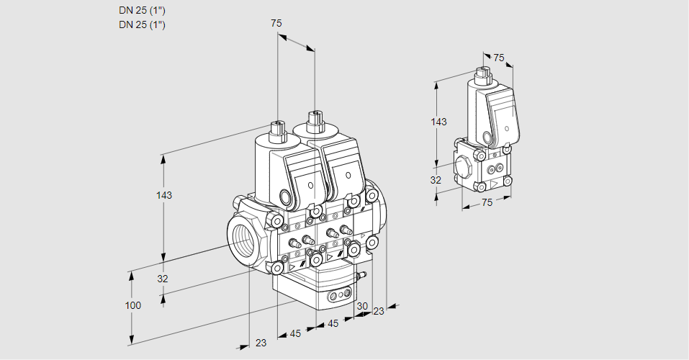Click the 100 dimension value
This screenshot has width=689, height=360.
(x=132, y=305)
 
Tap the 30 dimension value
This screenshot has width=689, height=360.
(x=361, y=305)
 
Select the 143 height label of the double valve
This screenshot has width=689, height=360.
(x=165, y=195)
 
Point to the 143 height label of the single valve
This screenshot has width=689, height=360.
(x=438, y=122)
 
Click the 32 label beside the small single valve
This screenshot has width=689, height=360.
(x=436, y=180)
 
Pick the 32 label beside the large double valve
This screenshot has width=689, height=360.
(x=162, y=279)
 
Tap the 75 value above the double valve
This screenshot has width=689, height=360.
(x=276, y=23)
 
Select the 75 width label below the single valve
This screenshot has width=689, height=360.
(x=487, y=202)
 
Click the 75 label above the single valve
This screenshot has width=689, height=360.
(x=499, y=58)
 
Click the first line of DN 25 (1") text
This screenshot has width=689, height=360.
(x=142, y=11)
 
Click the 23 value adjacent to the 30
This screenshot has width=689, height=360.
(x=379, y=311)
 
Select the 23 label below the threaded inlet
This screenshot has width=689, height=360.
(x=261, y=343)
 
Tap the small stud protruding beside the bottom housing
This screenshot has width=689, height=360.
(x=364, y=274)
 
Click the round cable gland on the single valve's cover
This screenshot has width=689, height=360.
(x=487, y=138)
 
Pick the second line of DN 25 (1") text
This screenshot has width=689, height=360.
(x=142, y=25)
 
